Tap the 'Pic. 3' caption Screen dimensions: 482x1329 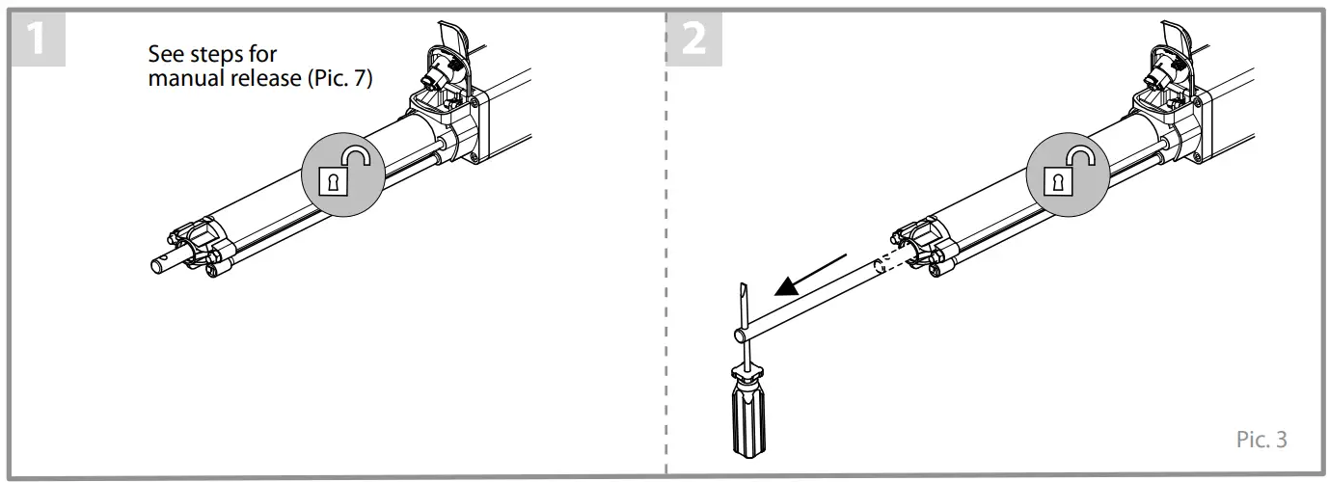(x=1261, y=440)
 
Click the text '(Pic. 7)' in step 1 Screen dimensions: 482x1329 (x=339, y=78)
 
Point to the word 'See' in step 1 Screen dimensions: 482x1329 (x=165, y=55)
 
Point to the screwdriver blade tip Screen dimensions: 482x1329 (x=743, y=289)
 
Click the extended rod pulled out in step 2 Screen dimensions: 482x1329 (x=810, y=299)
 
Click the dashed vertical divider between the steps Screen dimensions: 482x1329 (x=665, y=289)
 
